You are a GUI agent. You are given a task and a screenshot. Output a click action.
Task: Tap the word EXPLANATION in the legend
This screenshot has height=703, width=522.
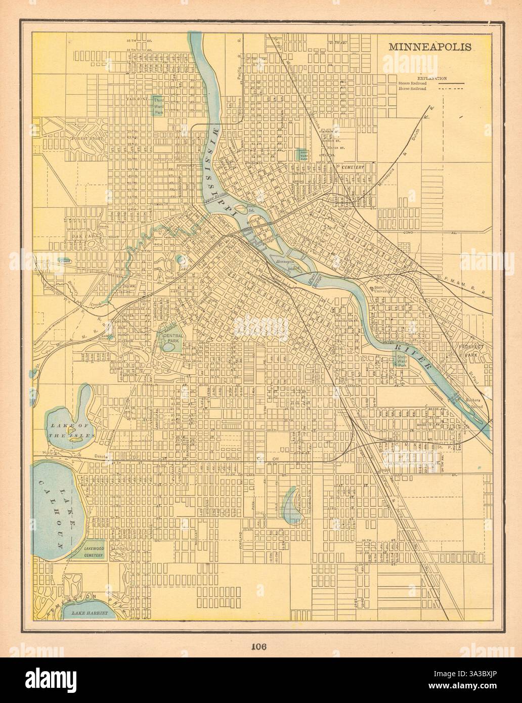[x=430, y=78]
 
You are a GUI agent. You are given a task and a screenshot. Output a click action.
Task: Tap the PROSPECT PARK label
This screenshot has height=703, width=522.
[x=471, y=350]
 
